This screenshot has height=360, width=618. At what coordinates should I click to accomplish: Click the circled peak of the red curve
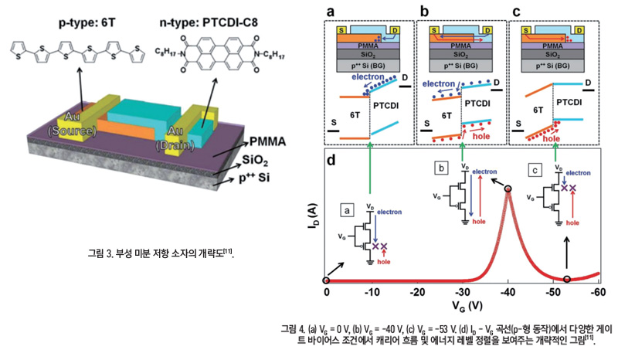click(x=508, y=189)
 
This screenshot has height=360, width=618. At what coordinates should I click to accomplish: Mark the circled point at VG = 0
click(x=328, y=279)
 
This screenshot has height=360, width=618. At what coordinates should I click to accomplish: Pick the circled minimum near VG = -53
click(x=568, y=279)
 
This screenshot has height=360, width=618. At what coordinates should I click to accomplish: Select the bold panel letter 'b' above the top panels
click(x=423, y=12)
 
